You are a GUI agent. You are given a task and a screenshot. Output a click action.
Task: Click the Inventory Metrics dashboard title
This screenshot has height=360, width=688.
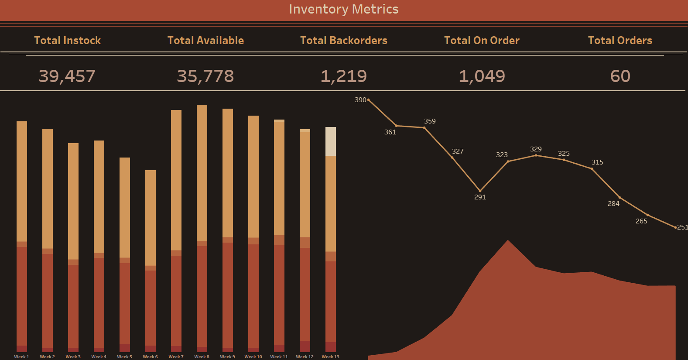[344, 9]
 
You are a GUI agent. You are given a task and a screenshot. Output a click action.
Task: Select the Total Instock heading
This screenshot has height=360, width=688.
[67, 41]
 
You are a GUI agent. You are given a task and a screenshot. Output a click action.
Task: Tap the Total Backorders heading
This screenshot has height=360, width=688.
[344, 41]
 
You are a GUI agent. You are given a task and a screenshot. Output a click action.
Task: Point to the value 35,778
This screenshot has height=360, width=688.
[205, 76]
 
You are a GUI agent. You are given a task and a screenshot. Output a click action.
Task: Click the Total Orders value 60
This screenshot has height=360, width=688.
[620, 76]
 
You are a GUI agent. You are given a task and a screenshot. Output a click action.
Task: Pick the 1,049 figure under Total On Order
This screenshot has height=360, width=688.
[482, 76]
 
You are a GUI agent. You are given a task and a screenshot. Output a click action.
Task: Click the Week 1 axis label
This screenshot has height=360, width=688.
[21, 357]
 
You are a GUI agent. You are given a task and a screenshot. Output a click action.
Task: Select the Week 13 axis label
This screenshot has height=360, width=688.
[330, 357]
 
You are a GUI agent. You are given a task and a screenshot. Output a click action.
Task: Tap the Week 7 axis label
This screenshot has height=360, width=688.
[176, 357]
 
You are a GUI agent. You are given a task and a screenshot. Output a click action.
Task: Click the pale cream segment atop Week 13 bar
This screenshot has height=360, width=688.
[331, 141]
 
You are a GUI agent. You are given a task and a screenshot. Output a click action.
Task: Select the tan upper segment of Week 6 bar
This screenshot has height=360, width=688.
[151, 217]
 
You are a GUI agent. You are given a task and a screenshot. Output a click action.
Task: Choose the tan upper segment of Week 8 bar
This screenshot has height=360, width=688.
[202, 172]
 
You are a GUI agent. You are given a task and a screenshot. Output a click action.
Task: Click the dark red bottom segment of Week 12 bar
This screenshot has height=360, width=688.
[305, 346]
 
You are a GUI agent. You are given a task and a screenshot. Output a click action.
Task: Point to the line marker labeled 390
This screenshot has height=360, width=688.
[369, 100]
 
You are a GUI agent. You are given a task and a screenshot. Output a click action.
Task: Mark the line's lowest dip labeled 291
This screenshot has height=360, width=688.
[480, 191]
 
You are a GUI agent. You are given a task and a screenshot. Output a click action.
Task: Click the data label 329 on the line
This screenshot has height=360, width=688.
[536, 149]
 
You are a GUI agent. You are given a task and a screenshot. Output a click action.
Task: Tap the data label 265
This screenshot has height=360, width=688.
[641, 221]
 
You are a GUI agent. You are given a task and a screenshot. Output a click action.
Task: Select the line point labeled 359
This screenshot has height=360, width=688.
[424, 128]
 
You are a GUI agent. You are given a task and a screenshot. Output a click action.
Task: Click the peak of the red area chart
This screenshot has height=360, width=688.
[508, 241]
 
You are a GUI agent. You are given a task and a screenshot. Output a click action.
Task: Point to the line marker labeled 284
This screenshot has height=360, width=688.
[620, 198]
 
